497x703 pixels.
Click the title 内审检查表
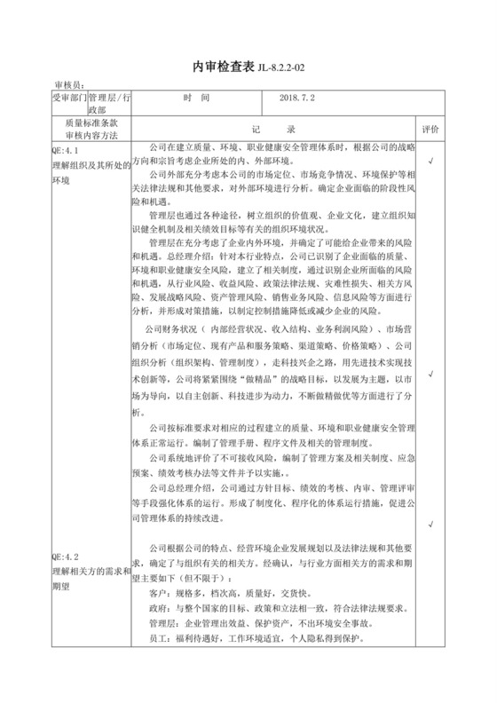(223, 67)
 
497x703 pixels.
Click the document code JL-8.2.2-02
(286, 68)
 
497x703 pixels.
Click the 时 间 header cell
(195, 99)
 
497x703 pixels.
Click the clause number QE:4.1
(69, 151)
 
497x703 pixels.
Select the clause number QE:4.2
(69, 546)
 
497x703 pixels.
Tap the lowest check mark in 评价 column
(455, 525)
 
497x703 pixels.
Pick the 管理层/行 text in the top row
(110, 97)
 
